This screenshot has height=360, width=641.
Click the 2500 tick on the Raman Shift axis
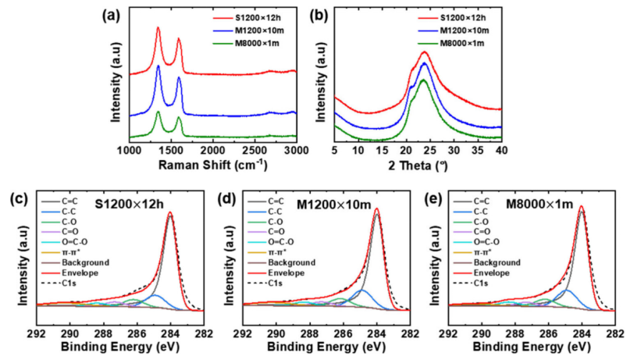[255, 149]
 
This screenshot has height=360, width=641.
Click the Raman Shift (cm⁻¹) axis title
[212, 165]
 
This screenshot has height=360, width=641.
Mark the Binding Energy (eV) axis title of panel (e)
[531, 341]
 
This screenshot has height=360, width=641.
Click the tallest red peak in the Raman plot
[158, 28]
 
